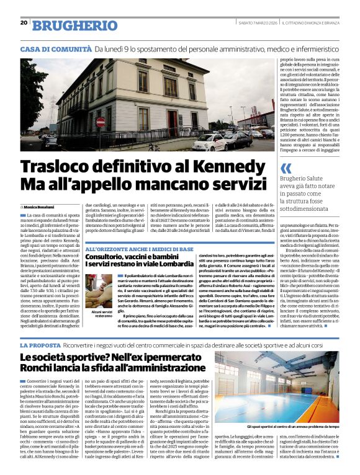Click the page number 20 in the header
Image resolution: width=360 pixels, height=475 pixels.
24,22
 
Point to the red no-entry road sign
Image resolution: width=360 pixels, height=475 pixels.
101,123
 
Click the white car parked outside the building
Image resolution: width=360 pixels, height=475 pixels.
209,142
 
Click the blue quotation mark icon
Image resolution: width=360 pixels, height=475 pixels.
286,168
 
